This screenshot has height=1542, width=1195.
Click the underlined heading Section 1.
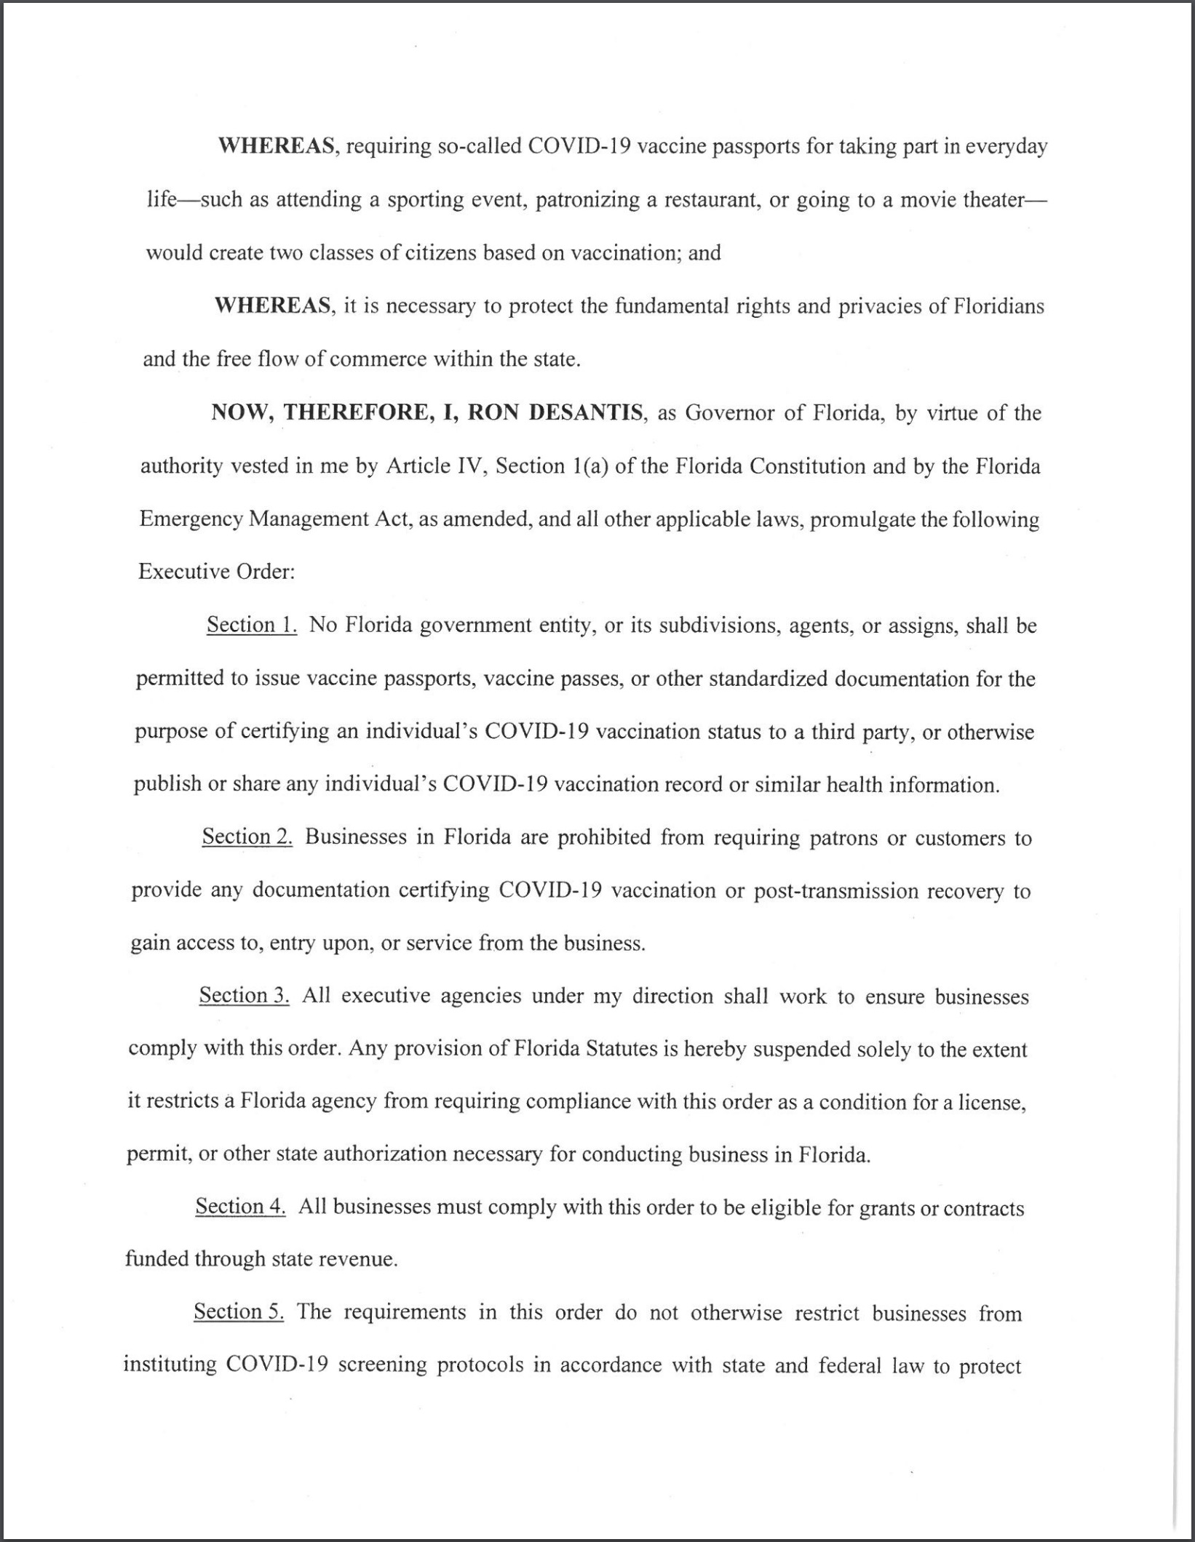[x=252, y=625]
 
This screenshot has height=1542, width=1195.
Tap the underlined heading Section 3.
[x=245, y=995]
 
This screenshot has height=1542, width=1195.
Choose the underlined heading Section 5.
[x=239, y=1311]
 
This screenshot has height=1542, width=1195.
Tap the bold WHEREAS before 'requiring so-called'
[x=277, y=146]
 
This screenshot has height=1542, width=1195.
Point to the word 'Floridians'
[x=997, y=306]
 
